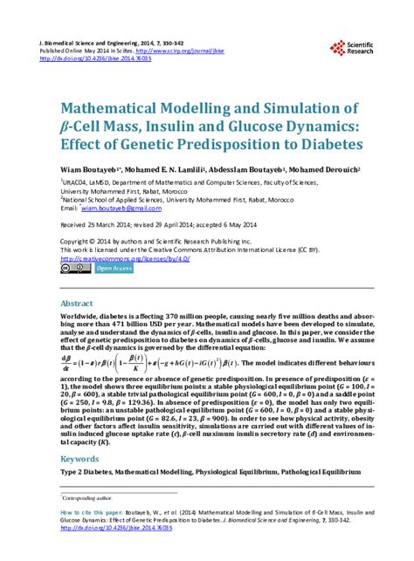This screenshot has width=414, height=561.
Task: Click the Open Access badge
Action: pyautogui.click(x=114, y=270)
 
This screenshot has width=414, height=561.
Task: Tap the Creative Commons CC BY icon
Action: pyautogui.click(x=74, y=270)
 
